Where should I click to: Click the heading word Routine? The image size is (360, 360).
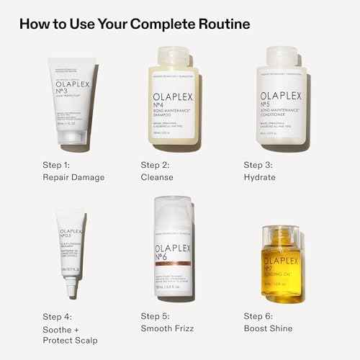click(220, 24)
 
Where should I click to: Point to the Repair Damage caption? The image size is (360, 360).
click(74, 177)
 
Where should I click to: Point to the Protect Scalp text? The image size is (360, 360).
click(72, 341)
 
